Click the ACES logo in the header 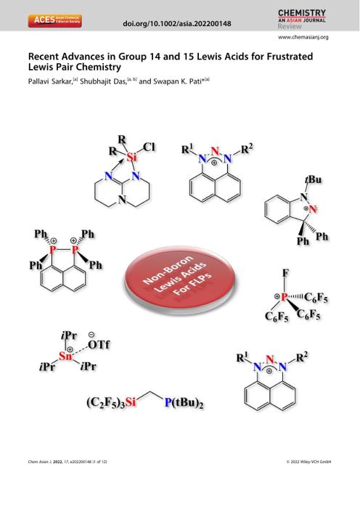point(54,20)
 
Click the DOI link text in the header point(177,24)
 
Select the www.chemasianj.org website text point(303,37)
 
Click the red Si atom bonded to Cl point(131,158)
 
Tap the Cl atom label point(149,147)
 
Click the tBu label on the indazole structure point(313,179)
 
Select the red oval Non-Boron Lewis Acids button point(179,280)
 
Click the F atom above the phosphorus point(285,273)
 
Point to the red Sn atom point(65,356)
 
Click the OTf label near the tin point(99,344)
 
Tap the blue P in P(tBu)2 point(168,402)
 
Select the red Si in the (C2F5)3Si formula point(130,402)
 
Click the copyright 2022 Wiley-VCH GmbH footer point(308,462)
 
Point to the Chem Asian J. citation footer point(67,462)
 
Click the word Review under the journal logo point(290,27)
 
